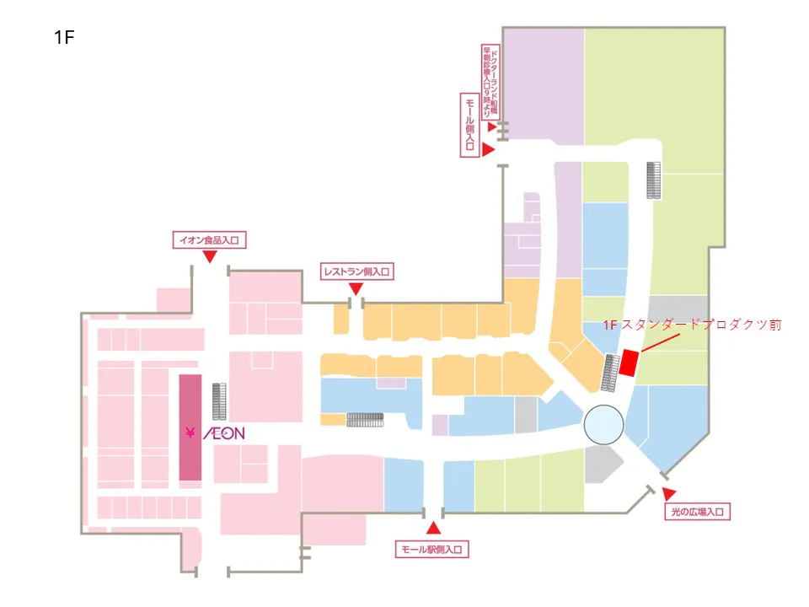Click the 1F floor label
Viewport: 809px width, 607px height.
click(x=64, y=37)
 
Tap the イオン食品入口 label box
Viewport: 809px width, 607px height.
click(x=208, y=240)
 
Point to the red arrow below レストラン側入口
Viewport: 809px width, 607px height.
click(x=356, y=289)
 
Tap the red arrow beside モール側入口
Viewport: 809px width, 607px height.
click(x=488, y=149)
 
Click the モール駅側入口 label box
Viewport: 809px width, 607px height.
click(x=432, y=550)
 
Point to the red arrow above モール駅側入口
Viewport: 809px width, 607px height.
click(x=433, y=529)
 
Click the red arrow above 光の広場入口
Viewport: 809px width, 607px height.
click(x=669, y=493)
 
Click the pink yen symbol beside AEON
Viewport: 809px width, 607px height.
click(x=190, y=433)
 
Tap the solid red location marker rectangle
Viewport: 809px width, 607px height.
click(x=629, y=363)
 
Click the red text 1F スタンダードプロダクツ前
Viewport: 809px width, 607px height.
click(x=694, y=325)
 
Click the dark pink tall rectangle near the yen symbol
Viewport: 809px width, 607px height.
click(x=190, y=427)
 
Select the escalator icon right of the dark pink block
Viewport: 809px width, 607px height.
click(x=220, y=402)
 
